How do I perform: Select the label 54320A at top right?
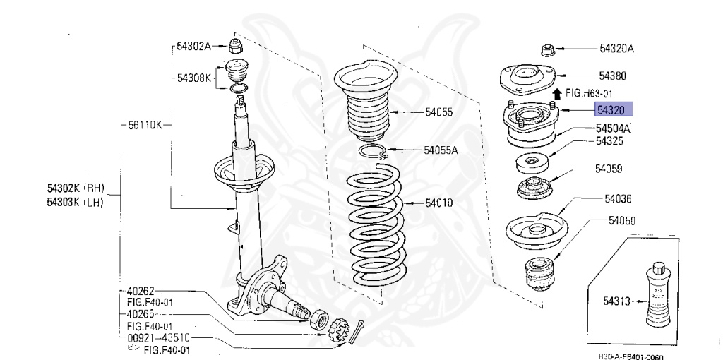coord(616,49)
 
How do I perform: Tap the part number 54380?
coord(614,76)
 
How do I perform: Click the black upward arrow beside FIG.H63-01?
coord(557,93)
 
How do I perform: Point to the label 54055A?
coord(441,150)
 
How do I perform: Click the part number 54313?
coord(616,301)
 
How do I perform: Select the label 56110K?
coord(145,125)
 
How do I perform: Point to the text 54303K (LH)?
coord(76,203)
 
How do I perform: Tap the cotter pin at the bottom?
coord(358,335)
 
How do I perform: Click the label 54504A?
coord(613,128)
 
